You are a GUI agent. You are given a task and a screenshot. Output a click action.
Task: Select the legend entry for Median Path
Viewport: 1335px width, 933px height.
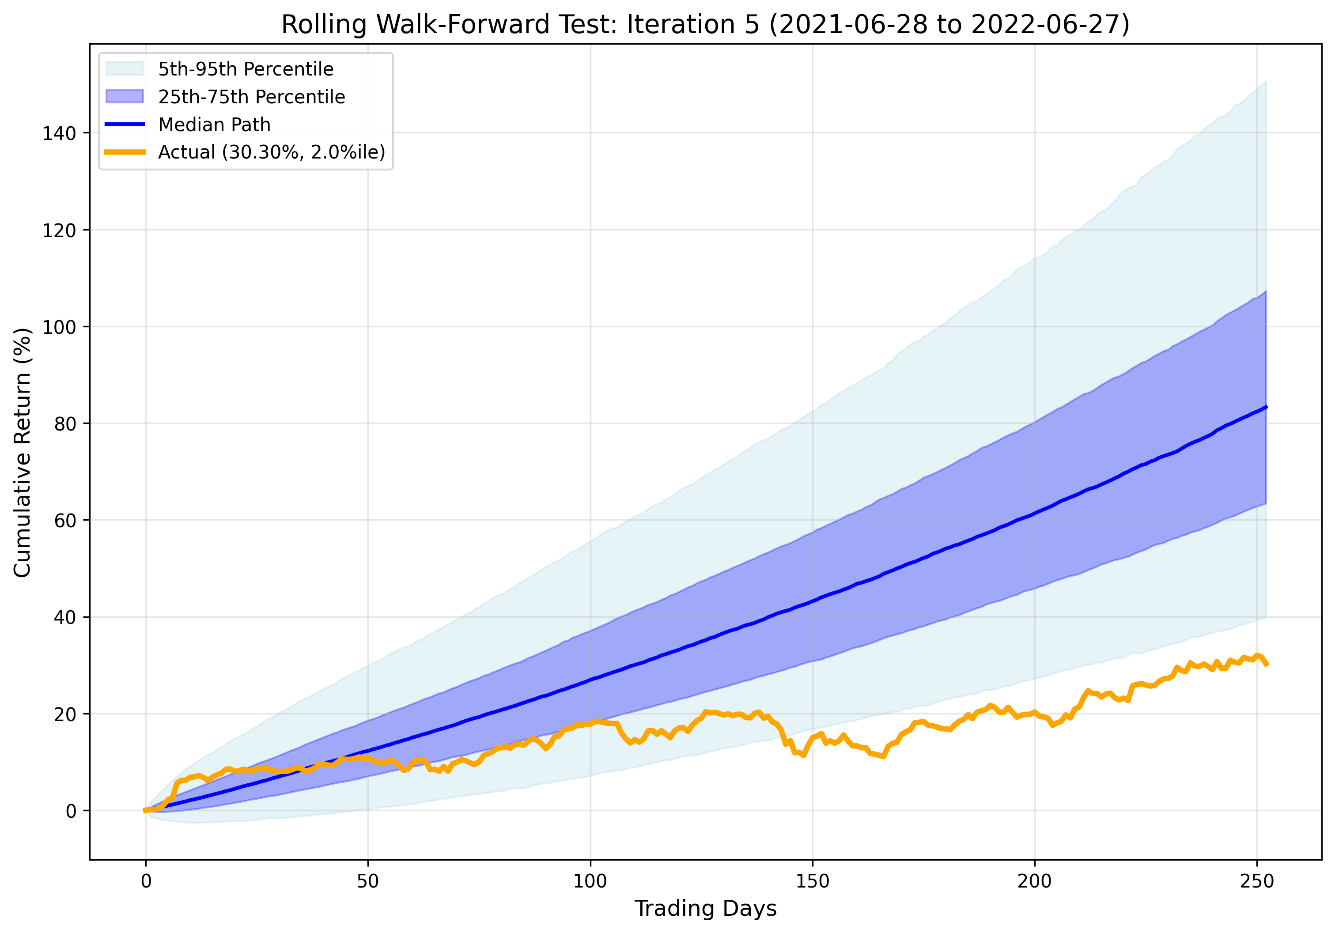coord(214,125)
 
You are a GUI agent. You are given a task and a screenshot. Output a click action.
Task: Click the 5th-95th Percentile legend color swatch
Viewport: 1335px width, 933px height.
coord(125,68)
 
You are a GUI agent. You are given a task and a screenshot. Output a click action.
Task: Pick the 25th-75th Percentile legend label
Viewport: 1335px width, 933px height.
coord(251,97)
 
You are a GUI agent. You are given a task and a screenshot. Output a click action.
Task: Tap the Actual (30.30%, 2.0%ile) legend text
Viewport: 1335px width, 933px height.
coord(272,152)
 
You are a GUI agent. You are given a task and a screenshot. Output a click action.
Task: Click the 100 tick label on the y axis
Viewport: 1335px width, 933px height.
coord(59,327)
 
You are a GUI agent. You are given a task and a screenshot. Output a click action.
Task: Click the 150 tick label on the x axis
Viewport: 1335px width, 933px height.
coord(812,881)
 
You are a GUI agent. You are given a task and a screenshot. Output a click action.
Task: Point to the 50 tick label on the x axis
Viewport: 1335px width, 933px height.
coord(367,881)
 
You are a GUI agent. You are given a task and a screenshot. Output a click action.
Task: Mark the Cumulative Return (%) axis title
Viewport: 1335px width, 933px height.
coord(22,452)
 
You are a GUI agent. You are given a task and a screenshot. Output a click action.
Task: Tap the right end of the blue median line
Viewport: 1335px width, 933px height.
coord(1266,407)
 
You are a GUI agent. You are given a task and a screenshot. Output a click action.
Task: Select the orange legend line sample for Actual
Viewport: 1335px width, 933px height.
coord(125,152)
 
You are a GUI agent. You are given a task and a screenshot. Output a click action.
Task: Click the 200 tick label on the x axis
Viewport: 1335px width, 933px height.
coord(1034,881)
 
